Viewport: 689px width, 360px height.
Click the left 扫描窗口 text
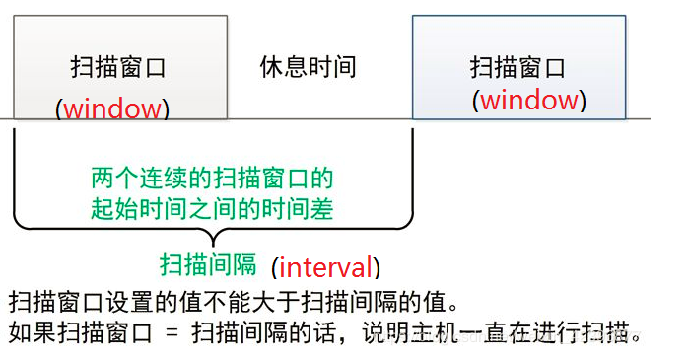click(118, 68)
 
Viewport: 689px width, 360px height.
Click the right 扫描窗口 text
click(517, 68)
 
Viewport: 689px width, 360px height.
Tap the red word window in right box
click(529, 100)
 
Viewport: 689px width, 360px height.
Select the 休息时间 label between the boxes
click(308, 68)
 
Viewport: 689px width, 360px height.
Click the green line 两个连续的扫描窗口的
click(212, 179)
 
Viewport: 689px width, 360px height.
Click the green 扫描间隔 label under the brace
click(208, 263)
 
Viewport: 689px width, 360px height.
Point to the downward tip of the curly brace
click(210, 242)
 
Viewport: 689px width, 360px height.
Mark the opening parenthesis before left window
click(59, 108)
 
